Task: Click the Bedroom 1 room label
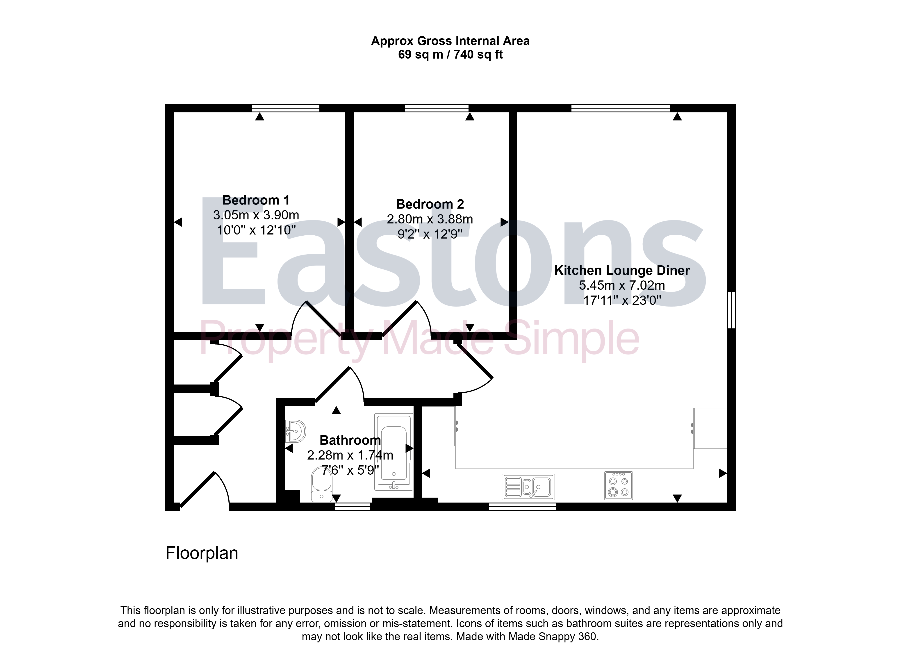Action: pyautogui.click(x=256, y=200)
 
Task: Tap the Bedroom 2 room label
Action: pyautogui.click(x=430, y=204)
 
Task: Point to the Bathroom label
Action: pyautogui.click(x=350, y=440)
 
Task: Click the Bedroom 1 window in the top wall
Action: pyautogui.click(x=286, y=108)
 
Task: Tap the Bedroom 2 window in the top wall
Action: pyautogui.click(x=437, y=108)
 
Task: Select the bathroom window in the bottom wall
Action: pyautogui.click(x=353, y=507)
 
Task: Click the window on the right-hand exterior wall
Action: pyautogui.click(x=731, y=310)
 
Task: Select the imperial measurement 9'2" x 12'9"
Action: pyautogui.click(x=430, y=234)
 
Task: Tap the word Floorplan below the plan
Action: pyautogui.click(x=202, y=553)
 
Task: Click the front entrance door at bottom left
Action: pyautogui.click(x=205, y=490)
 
